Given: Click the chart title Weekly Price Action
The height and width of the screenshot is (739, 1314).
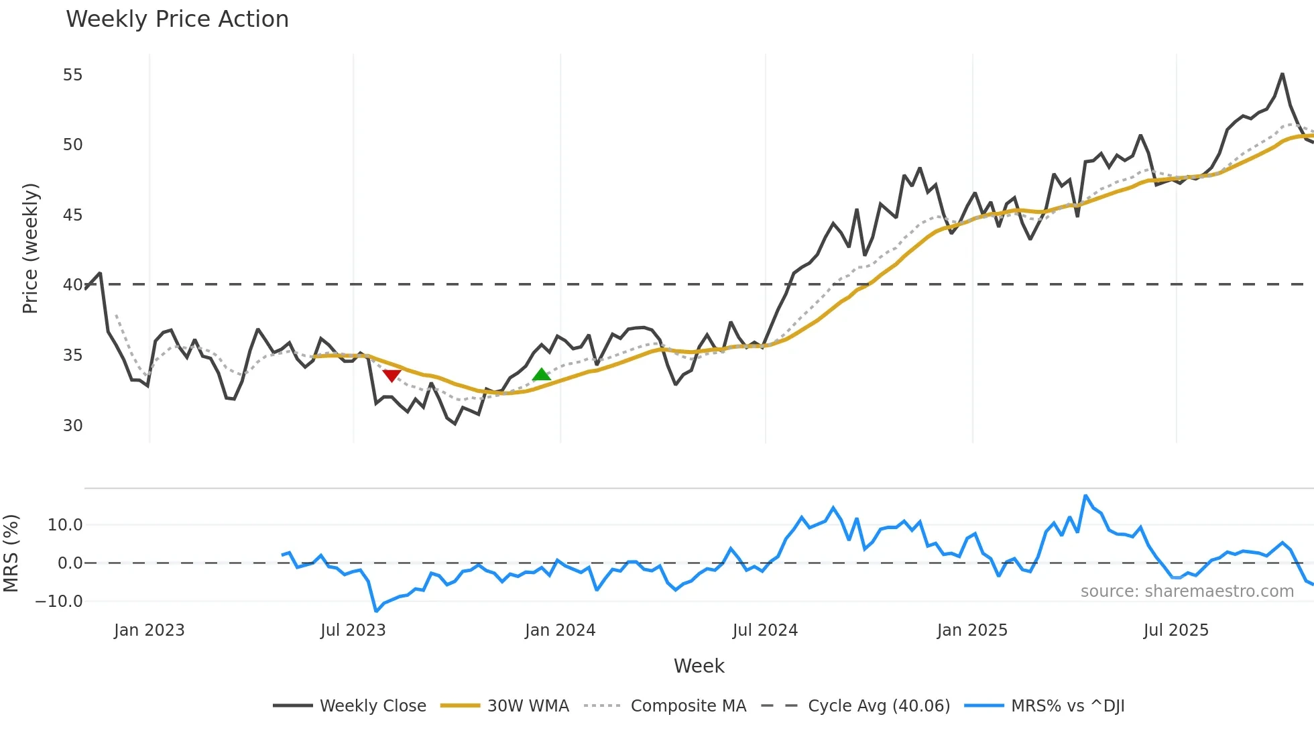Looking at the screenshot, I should tap(177, 19).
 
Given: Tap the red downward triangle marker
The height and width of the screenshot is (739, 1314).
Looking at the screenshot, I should tap(392, 376).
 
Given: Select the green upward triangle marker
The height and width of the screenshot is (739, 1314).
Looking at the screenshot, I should tap(541, 374).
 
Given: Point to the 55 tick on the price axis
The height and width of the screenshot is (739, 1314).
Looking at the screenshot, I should tap(72, 75).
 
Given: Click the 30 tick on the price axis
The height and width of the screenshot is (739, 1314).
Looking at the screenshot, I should tap(72, 426).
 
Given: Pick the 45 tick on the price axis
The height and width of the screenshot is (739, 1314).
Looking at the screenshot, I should tap(72, 215).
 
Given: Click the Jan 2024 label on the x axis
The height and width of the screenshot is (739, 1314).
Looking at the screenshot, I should tap(560, 630).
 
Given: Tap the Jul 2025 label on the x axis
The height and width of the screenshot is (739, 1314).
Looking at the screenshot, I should tap(1176, 630).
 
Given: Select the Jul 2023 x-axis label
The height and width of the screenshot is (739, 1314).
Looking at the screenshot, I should tap(353, 630).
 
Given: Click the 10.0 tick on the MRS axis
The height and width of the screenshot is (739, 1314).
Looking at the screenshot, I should tap(65, 525).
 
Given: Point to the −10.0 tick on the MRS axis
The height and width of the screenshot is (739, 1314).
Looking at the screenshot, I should tap(59, 602).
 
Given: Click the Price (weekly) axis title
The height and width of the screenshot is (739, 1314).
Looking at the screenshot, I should tap(30, 248).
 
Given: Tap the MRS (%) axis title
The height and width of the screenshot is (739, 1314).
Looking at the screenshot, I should tap(11, 553).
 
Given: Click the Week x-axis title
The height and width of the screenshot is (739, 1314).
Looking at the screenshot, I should tap(699, 666).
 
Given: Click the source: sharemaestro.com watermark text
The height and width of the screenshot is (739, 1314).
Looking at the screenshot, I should tap(1187, 591).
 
